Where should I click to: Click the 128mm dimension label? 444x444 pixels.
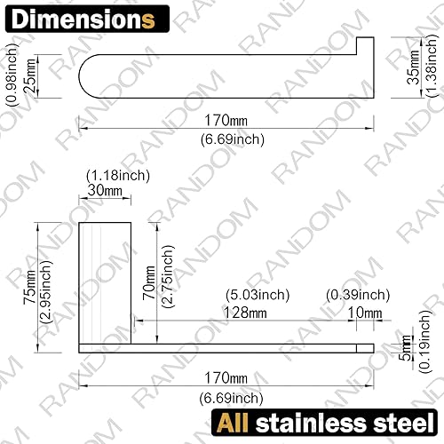(247, 312)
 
